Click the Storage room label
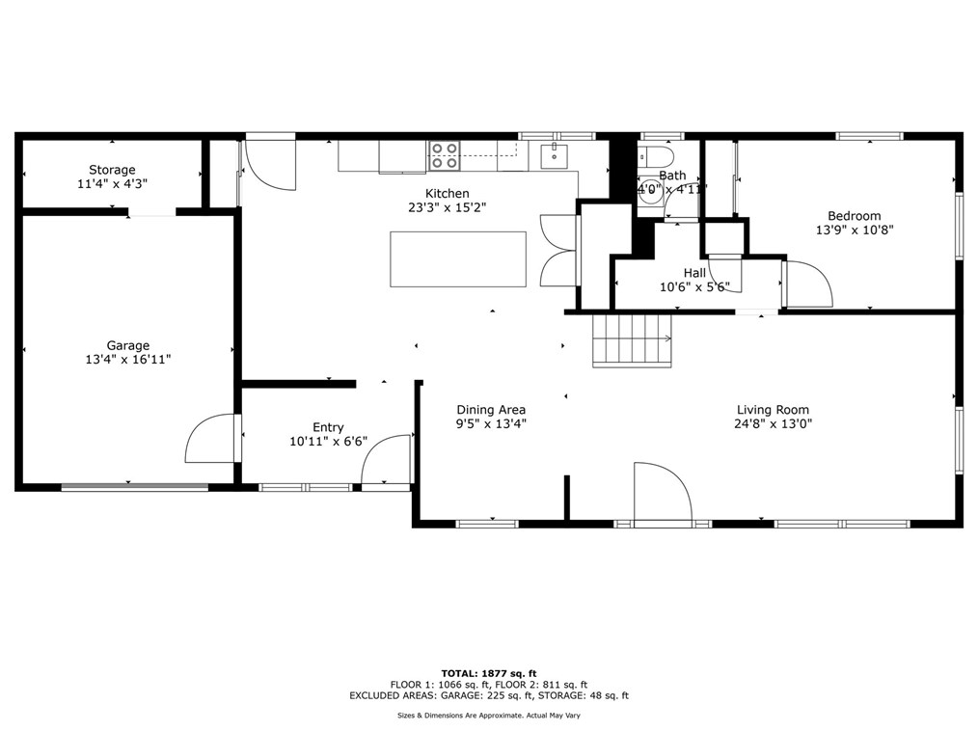point(112,170)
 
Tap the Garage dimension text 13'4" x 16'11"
point(127,360)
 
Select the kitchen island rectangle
point(457,258)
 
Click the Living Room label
point(773,409)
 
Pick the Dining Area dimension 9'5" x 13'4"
point(491,423)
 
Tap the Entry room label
point(328,427)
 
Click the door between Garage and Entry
point(212,439)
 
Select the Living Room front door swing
point(662,494)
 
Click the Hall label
point(694,273)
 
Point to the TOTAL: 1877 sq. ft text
point(488,673)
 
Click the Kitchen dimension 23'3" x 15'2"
point(448,207)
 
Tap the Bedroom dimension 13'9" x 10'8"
point(854,230)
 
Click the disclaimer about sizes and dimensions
point(488,716)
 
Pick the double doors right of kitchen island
point(559,251)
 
